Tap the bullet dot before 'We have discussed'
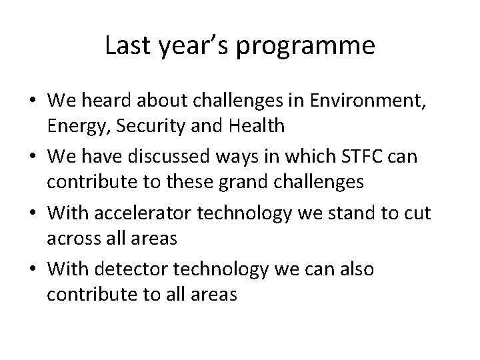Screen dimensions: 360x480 [33, 151]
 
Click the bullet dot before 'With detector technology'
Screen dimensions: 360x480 [33, 270]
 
